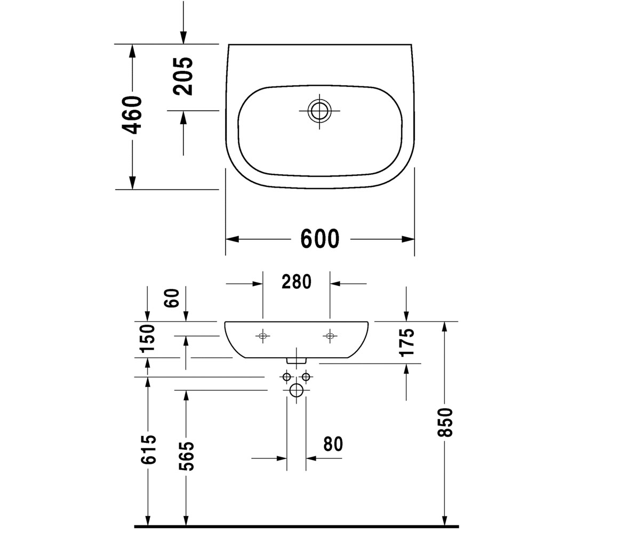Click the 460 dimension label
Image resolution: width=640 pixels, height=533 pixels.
coord(132,115)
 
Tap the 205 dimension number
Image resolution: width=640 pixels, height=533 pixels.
coord(183,76)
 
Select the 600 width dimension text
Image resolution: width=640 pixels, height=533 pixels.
coord(320,239)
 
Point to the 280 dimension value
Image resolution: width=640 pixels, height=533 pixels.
coord(297,282)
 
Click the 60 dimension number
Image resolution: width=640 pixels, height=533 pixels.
coord(172,298)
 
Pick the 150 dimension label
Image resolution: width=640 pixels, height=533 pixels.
coord(147,338)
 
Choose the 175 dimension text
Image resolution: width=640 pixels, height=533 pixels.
coord(407,343)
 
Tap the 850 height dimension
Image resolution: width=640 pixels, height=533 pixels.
coord(445,422)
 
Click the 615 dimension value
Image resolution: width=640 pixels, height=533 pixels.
coord(149,449)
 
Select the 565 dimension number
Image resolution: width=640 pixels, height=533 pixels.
coord(186,456)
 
